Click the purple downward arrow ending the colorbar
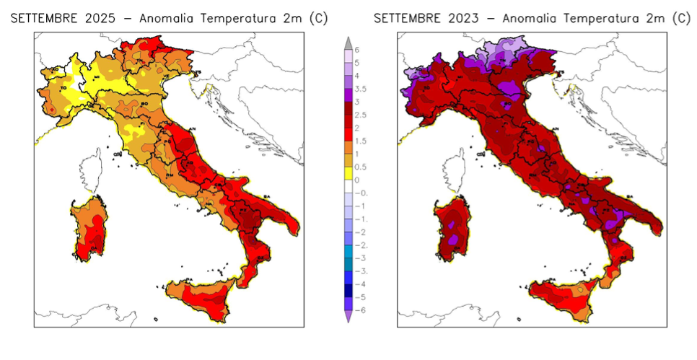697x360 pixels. click(348, 315)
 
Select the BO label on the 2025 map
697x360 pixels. click(144, 105)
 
